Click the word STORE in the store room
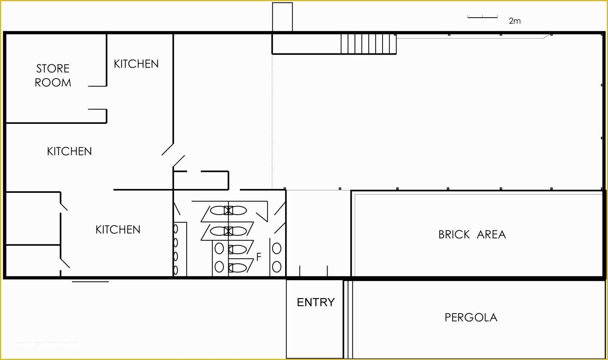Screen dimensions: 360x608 click(x=53, y=69)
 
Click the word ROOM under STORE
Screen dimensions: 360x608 click(x=53, y=83)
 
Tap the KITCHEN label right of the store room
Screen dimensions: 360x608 click(x=136, y=64)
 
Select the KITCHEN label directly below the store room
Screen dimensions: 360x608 click(x=69, y=151)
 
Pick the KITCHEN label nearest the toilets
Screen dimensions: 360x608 click(x=118, y=229)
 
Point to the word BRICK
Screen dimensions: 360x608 click(x=454, y=235)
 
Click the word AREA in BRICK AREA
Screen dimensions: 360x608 click(x=491, y=235)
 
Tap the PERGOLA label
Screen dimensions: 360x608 click(x=471, y=318)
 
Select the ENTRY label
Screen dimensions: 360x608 click(x=315, y=302)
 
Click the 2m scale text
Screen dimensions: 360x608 click(x=515, y=21)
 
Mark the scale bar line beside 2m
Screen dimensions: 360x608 click(x=482, y=17)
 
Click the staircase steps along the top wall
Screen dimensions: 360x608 click(x=368, y=44)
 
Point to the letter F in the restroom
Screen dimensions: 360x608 click(x=259, y=257)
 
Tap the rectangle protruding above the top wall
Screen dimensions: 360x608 click(x=282, y=17)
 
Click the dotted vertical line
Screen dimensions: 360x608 click(x=272, y=121)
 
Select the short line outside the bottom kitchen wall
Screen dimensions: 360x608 click(x=90, y=281)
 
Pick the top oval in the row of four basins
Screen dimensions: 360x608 click(x=176, y=229)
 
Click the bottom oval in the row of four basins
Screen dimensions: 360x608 click(x=176, y=270)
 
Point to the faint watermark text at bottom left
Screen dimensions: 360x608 click(x=47, y=342)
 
